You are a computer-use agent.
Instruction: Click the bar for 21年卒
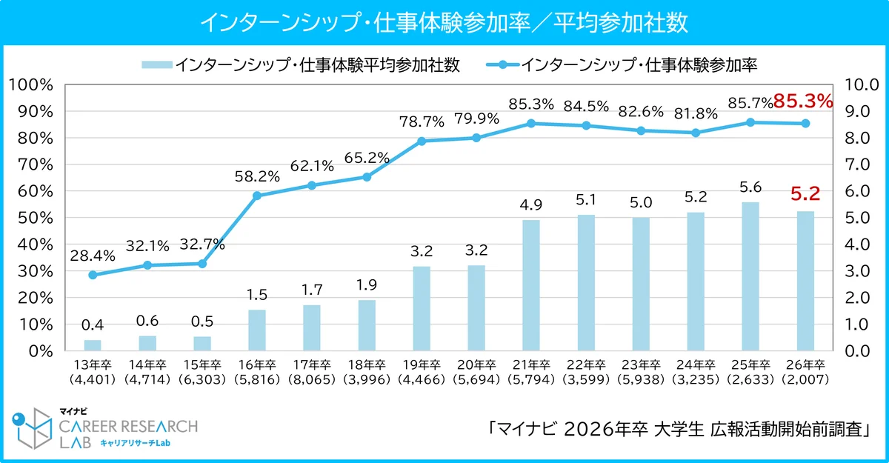coord(531,285)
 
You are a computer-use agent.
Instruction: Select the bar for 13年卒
coord(93,345)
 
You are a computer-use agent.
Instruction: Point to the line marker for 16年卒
coord(257,196)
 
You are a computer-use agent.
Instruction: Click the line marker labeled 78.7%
coord(422,141)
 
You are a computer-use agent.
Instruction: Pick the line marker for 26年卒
coord(805,123)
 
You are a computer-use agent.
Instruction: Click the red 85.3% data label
coord(803,101)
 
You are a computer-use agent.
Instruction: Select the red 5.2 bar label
coord(805,195)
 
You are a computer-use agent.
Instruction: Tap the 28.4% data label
coord(93,256)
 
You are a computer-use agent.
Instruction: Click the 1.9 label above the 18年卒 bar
coord(367,284)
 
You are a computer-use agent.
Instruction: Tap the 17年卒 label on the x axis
coord(312,364)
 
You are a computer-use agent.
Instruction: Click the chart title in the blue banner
coord(444,22)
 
